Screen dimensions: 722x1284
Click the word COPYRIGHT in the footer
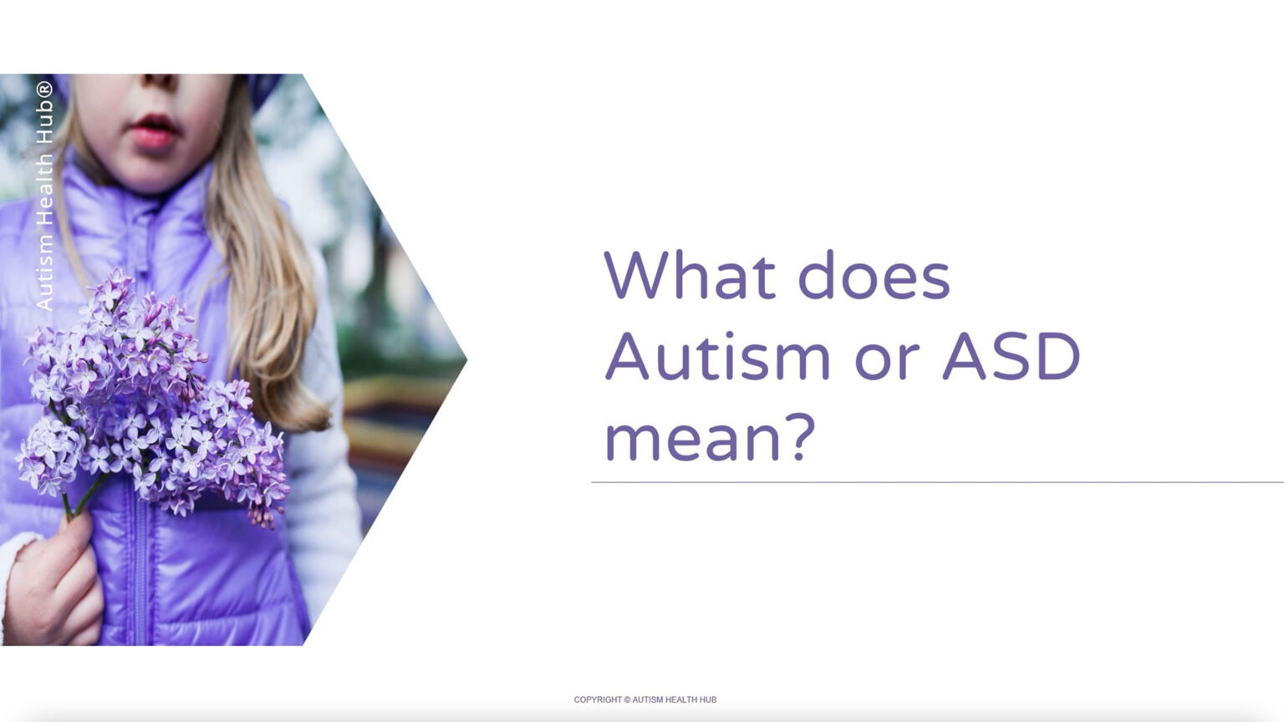click(598, 699)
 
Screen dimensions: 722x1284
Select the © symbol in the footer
click(628, 699)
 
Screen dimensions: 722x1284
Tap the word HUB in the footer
click(707, 699)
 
